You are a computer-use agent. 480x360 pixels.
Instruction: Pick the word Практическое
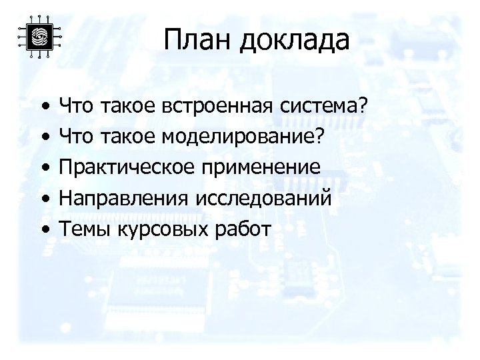[x=123, y=167]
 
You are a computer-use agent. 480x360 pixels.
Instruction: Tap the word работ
[x=239, y=230]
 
